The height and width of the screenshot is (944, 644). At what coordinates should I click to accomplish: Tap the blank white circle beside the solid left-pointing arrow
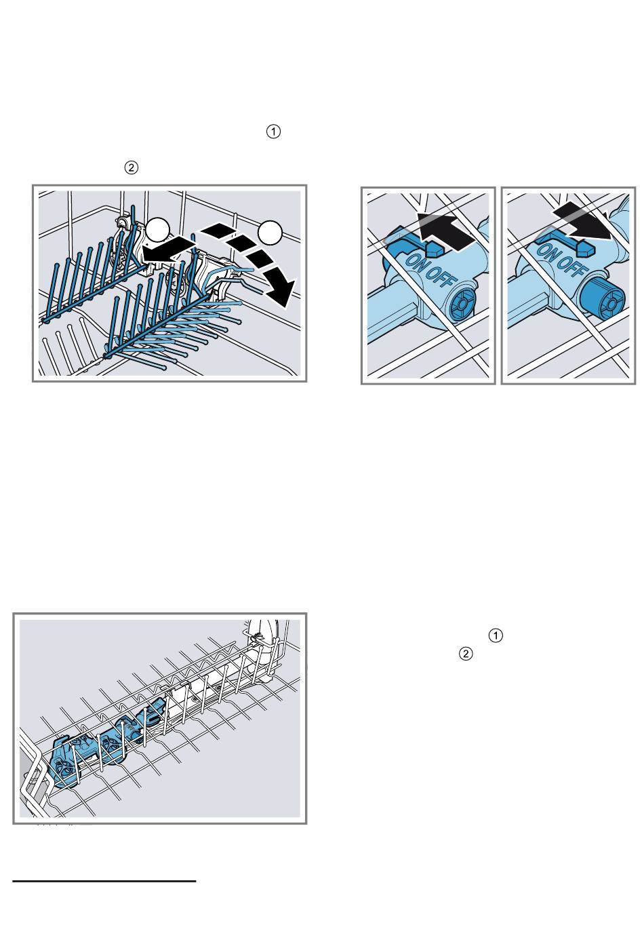click(x=157, y=230)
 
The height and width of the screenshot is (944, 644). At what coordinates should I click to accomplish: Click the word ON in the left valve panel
click(x=415, y=261)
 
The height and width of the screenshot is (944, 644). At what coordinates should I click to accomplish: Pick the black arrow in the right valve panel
click(x=582, y=221)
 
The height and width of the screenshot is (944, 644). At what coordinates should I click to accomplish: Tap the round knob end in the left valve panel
click(x=462, y=303)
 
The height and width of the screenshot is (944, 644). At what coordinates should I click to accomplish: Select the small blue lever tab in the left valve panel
click(x=433, y=250)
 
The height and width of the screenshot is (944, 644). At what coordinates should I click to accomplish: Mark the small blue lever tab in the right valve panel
click(x=587, y=249)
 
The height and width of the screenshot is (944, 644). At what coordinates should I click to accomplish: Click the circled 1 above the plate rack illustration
click(x=273, y=132)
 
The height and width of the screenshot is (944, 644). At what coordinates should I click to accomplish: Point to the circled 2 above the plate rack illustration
click(x=131, y=168)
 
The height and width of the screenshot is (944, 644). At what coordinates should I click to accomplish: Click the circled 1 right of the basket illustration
click(x=496, y=635)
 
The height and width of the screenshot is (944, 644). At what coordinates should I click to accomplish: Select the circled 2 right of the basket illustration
click(x=466, y=654)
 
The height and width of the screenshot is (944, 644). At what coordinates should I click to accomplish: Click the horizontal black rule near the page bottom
click(x=104, y=881)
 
